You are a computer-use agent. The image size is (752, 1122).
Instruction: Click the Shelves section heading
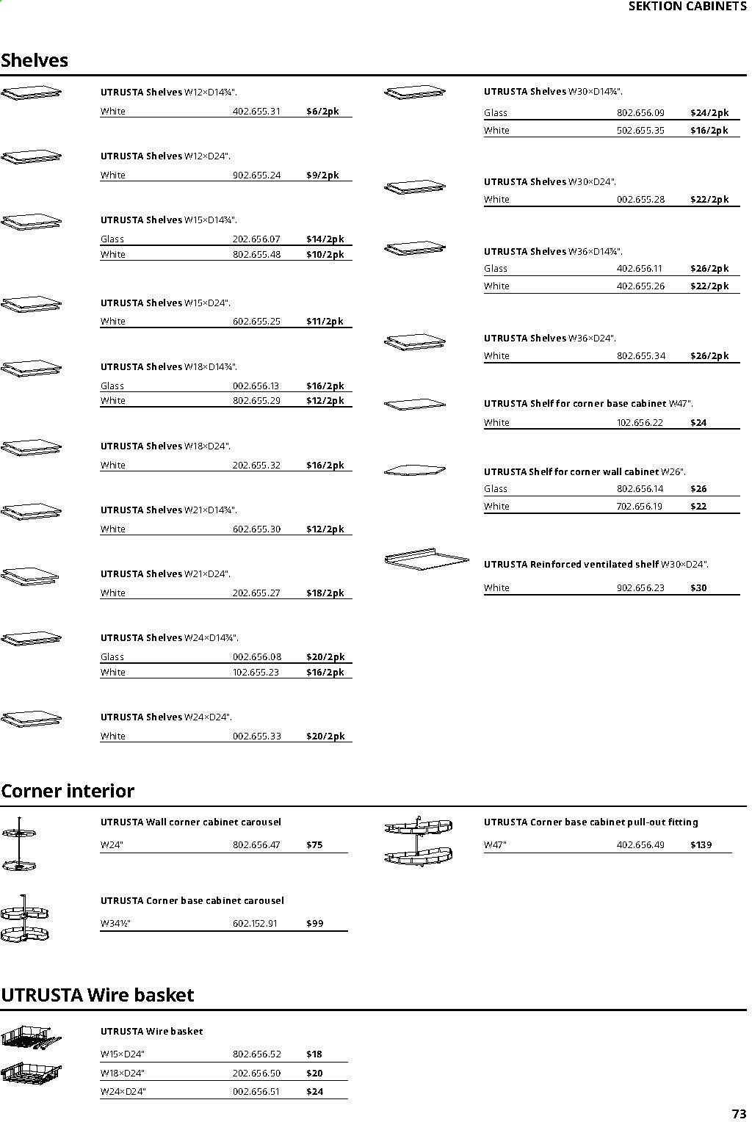click(35, 60)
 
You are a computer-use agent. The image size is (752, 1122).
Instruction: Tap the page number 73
click(738, 1113)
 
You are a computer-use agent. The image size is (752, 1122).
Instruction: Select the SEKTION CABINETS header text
click(687, 7)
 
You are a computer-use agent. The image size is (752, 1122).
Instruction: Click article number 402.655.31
click(256, 112)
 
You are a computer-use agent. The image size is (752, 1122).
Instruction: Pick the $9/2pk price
click(322, 175)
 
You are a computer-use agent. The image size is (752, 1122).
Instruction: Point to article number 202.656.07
click(256, 239)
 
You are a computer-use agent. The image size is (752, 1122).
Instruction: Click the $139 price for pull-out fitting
click(701, 845)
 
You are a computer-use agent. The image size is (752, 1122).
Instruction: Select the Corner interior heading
click(68, 791)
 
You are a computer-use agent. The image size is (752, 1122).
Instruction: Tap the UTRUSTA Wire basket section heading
click(97, 995)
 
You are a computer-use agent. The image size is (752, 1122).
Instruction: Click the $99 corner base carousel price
click(314, 924)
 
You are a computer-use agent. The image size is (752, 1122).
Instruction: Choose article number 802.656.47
click(256, 845)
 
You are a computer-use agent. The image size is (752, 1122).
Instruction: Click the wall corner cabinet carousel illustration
click(20, 842)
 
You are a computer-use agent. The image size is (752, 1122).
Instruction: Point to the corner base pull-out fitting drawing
click(418, 840)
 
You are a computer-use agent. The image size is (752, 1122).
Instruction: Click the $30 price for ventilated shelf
click(698, 588)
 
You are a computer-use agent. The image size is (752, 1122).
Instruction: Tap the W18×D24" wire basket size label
click(123, 1074)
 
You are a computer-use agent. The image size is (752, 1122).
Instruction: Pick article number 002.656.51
click(256, 1092)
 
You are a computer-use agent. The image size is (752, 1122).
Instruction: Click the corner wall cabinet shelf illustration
click(414, 470)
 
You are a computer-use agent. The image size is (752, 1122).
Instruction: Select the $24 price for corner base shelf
click(698, 423)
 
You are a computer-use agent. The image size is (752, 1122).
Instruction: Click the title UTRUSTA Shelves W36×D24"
click(549, 339)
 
